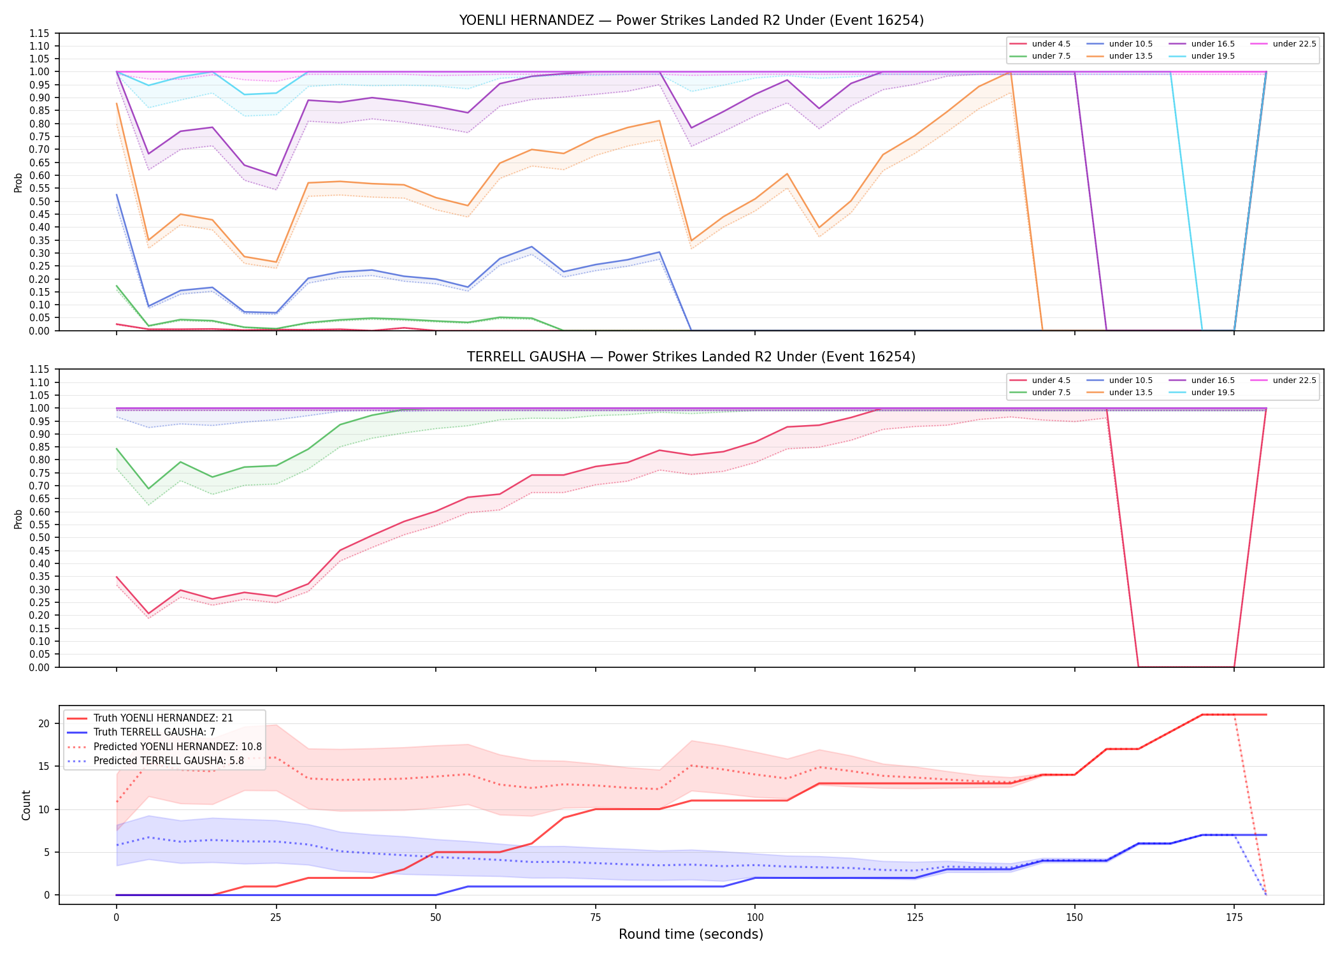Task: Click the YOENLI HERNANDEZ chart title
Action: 691,20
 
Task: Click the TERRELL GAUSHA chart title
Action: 691,357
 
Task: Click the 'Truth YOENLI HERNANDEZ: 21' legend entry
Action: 163,718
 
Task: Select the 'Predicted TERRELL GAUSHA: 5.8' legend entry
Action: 168,761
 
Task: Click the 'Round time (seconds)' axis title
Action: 691,934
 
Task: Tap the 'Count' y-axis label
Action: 26,805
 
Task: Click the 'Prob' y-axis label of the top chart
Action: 18,182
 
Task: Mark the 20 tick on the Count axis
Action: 44,723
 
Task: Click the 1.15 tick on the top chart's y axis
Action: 40,33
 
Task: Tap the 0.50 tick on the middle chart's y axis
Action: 40,538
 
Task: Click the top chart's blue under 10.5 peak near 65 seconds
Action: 531,247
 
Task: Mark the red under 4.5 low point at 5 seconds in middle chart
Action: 148,614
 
